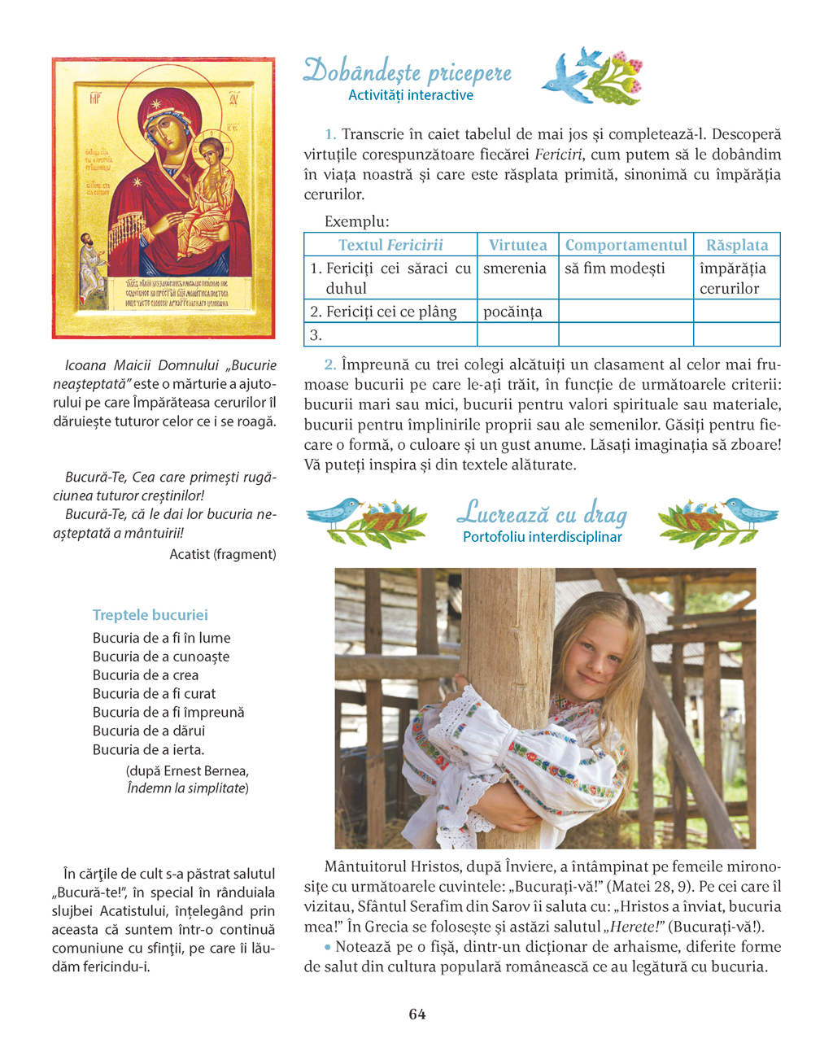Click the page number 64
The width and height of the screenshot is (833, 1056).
(x=417, y=1014)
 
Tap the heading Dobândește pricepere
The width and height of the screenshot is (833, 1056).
(x=408, y=72)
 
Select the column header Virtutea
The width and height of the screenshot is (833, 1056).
(x=517, y=245)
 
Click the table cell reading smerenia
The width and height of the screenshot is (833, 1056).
(x=515, y=268)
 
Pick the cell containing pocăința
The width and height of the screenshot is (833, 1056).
(x=512, y=312)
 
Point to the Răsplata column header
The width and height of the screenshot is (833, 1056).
(x=737, y=245)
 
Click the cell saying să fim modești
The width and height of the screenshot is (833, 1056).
(x=615, y=268)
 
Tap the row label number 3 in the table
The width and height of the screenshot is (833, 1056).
(x=316, y=334)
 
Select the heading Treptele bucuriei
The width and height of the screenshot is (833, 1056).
(x=150, y=615)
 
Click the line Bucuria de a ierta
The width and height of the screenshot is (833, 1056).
(x=148, y=749)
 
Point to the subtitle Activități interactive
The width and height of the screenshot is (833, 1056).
(x=411, y=95)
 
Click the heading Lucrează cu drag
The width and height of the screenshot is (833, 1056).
(x=542, y=513)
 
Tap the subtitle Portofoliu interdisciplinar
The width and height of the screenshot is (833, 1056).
(x=543, y=537)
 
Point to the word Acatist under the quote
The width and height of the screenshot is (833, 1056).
(x=190, y=554)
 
